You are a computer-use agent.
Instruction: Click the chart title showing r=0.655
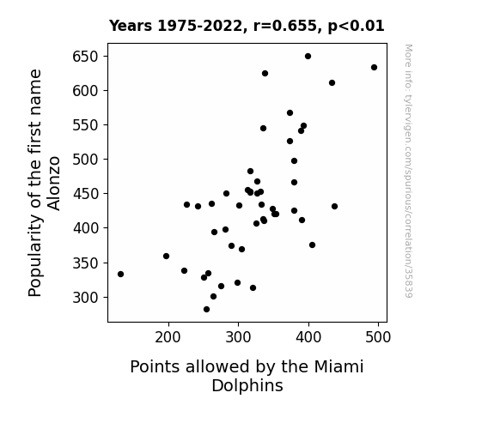[x=247, y=26]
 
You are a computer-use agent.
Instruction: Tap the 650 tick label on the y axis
[x=85, y=57]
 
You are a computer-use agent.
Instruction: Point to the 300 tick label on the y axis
[x=85, y=297]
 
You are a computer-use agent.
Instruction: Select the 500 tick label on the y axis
[x=85, y=160]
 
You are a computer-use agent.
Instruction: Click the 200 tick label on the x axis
[x=168, y=337]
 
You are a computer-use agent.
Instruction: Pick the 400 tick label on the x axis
[x=308, y=337]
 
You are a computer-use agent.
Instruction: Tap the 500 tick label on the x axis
[x=378, y=337]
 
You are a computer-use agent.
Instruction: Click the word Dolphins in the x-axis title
[x=247, y=385]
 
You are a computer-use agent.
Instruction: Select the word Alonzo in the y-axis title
[x=53, y=183]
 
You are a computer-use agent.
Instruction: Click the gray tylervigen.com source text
[x=408, y=171]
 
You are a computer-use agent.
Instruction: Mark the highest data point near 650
[x=308, y=57]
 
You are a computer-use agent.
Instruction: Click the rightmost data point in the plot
[x=374, y=68]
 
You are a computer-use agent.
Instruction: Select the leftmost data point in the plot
[x=120, y=275]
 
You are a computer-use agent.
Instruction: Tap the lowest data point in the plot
[x=207, y=310]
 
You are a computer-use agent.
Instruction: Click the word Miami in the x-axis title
[x=338, y=366]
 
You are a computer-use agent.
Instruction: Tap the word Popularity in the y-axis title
[x=35, y=256]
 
